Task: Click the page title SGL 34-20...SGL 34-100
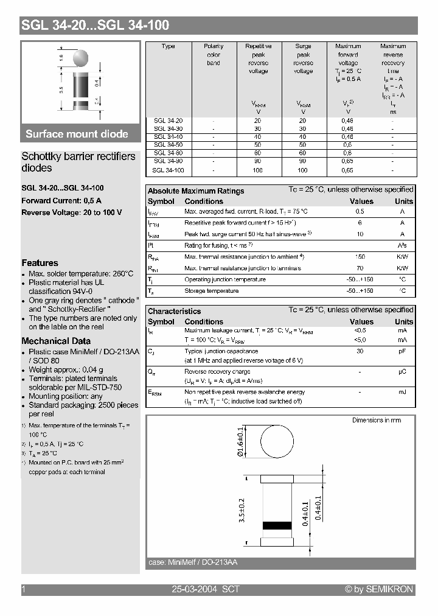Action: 95,25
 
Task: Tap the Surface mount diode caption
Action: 77,134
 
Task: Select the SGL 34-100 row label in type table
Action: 169,170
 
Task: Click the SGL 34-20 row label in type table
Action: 169,121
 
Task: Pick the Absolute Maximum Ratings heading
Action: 195,191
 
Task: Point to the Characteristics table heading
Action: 174,311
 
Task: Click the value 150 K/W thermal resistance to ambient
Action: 360,257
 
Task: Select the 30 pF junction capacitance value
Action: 360,351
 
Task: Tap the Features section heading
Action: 40,263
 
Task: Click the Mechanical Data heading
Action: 56,341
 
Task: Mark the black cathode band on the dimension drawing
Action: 277,525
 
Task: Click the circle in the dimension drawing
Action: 277,443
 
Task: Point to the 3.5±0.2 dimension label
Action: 242,511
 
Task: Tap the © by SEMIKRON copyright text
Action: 378,589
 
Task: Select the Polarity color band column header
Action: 214,54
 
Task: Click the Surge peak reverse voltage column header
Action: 303,58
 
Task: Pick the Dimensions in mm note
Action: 377,420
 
